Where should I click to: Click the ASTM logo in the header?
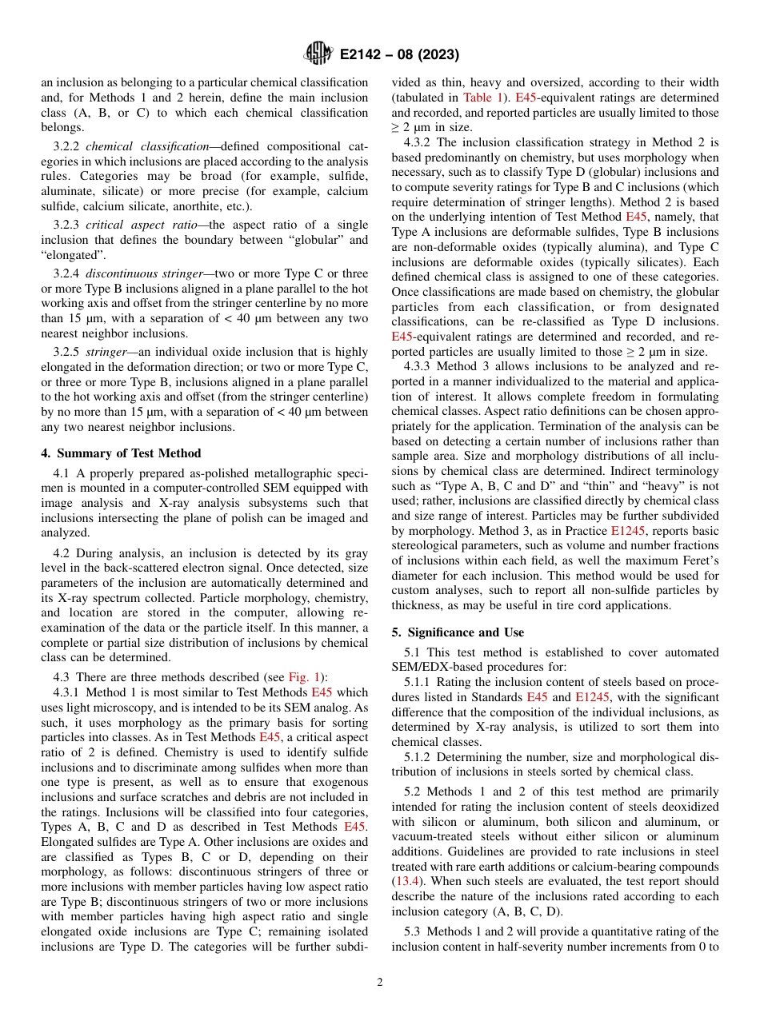(318, 54)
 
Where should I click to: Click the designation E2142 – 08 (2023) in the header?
(399, 55)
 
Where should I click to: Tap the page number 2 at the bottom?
(380, 983)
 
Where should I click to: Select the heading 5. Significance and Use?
(458, 632)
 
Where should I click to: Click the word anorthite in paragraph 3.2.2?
(221, 207)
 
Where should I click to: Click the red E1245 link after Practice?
(626, 530)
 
